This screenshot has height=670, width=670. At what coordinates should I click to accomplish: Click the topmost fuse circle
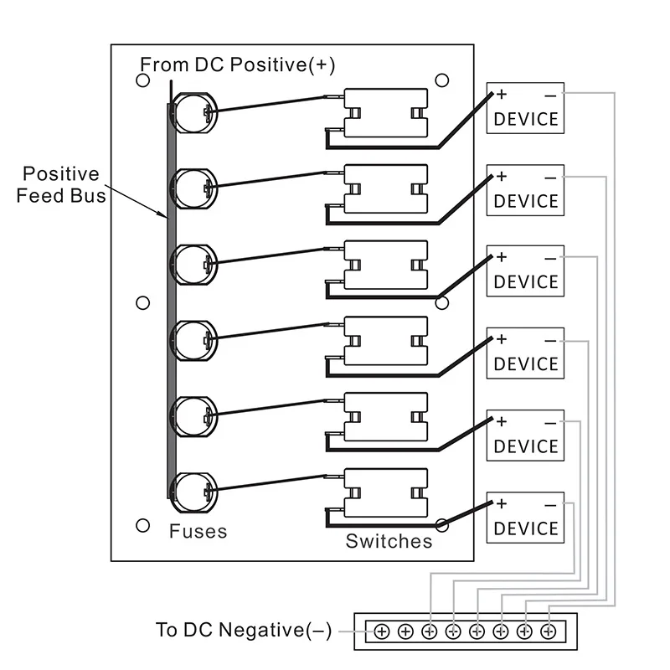coord(195,110)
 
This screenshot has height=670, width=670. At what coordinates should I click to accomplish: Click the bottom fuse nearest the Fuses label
coord(193,493)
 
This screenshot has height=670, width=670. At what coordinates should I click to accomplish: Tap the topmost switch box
coord(386,114)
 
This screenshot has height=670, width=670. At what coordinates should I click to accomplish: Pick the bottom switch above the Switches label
coord(386,492)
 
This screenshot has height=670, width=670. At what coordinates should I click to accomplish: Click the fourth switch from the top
coord(386,342)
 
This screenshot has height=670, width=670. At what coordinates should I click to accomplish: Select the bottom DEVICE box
coord(526,518)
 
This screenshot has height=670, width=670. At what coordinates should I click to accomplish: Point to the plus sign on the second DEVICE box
coord(502,177)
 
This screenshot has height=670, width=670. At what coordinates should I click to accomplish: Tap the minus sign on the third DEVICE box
coord(550,258)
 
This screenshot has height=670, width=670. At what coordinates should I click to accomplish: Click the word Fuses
coord(198,531)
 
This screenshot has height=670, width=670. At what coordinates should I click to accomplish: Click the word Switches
coord(389,541)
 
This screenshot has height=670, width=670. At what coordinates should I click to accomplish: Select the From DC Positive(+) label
coord(237,64)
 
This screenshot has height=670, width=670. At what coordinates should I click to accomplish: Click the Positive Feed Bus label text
coord(60,185)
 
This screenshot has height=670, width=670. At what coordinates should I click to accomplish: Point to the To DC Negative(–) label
coord(243,630)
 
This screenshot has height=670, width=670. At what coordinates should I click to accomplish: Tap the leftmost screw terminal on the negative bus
coord(381,631)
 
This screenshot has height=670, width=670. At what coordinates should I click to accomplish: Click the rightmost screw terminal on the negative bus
coord(549,631)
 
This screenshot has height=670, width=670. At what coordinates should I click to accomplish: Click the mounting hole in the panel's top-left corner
coord(142,81)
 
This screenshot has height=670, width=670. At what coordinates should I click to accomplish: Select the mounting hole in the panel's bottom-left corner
coord(142,525)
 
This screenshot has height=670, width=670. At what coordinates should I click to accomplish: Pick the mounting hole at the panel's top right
coord(442,80)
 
